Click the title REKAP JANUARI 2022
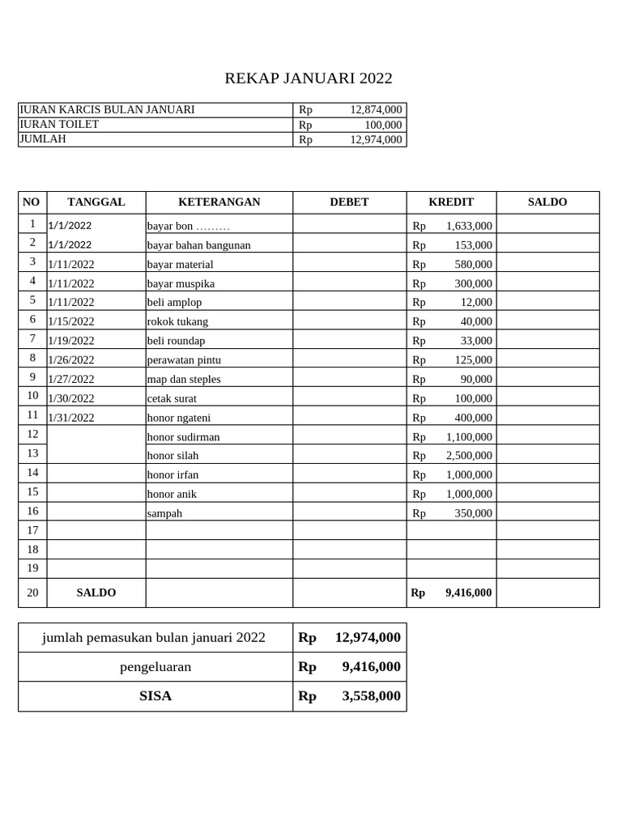click(x=308, y=79)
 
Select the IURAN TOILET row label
click(x=59, y=124)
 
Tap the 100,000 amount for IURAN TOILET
click(x=382, y=125)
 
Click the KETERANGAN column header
click(x=219, y=202)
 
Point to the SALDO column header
click(x=547, y=202)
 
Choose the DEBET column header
click(x=349, y=202)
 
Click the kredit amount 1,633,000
click(x=468, y=226)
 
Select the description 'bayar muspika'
click(x=181, y=283)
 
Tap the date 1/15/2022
click(x=71, y=321)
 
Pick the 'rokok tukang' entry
click(x=177, y=321)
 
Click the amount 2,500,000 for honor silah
click(x=468, y=456)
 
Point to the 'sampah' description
click(x=164, y=513)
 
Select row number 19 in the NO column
click(x=32, y=568)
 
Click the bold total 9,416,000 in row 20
click(x=468, y=593)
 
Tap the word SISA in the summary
click(x=155, y=696)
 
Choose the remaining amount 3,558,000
click(x=371, y=696)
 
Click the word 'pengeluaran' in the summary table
click(x=155, y=667)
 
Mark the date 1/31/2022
click(x=71, y=418)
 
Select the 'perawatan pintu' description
click(x=184, y=360)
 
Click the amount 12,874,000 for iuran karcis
click(x=376, y=109)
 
